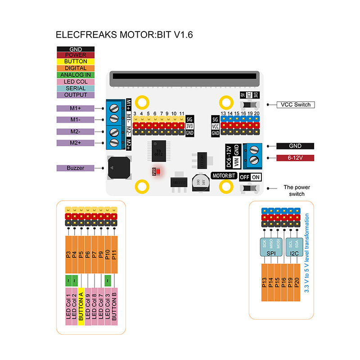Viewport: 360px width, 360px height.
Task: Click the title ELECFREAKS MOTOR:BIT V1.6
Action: [124, 35]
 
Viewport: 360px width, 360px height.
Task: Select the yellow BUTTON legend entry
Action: [75, 61]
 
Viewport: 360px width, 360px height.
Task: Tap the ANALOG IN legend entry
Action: [75, 75]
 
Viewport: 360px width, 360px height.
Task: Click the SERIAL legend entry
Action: [75, 88]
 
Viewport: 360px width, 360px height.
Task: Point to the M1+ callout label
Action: [75, 108]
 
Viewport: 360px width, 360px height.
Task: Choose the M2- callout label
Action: [75, 131]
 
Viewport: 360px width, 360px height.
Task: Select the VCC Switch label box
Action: [295, 104]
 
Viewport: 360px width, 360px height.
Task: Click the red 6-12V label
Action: [295, 158]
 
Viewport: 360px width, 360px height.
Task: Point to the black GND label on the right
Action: [295, 146]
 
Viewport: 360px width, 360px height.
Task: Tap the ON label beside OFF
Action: [256, 177]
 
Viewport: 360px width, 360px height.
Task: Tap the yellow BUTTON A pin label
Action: [81, 306]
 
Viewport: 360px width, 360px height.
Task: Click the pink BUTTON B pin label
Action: [114, 306]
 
